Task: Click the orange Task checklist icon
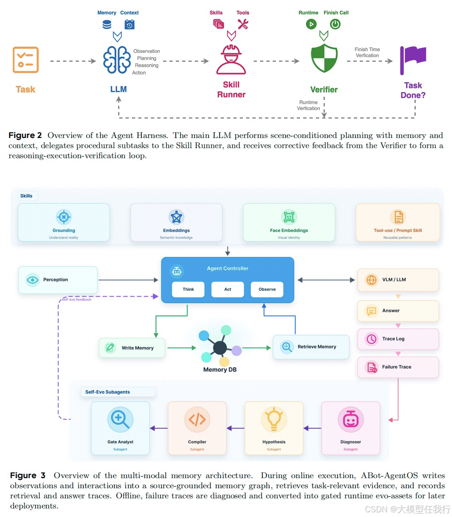point(26,60)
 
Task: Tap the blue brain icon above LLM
point(117,60)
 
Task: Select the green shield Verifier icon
point(324,58)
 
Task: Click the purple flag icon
point(413,60)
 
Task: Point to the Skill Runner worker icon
point(231,59)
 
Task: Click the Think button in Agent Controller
point(188,289)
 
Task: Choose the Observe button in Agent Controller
point(267,289)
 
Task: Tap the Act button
point(228,289)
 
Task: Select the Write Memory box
point(132,348)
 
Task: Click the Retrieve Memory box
point(311,347)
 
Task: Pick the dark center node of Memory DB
point(220,348)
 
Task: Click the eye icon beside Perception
point(33,280)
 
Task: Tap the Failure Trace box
point(398,367)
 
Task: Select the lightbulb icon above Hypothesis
point(274,419)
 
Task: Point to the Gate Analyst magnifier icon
point(120,419)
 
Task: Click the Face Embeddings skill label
point(289,231)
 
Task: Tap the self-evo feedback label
point(77,299)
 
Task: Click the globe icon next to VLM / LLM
point(372,280)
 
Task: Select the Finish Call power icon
point(335,24)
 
